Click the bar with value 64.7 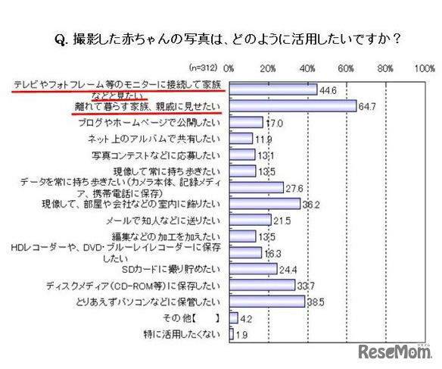point(292,106)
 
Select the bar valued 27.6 point(256,187)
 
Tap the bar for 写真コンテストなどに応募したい point(242,155)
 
